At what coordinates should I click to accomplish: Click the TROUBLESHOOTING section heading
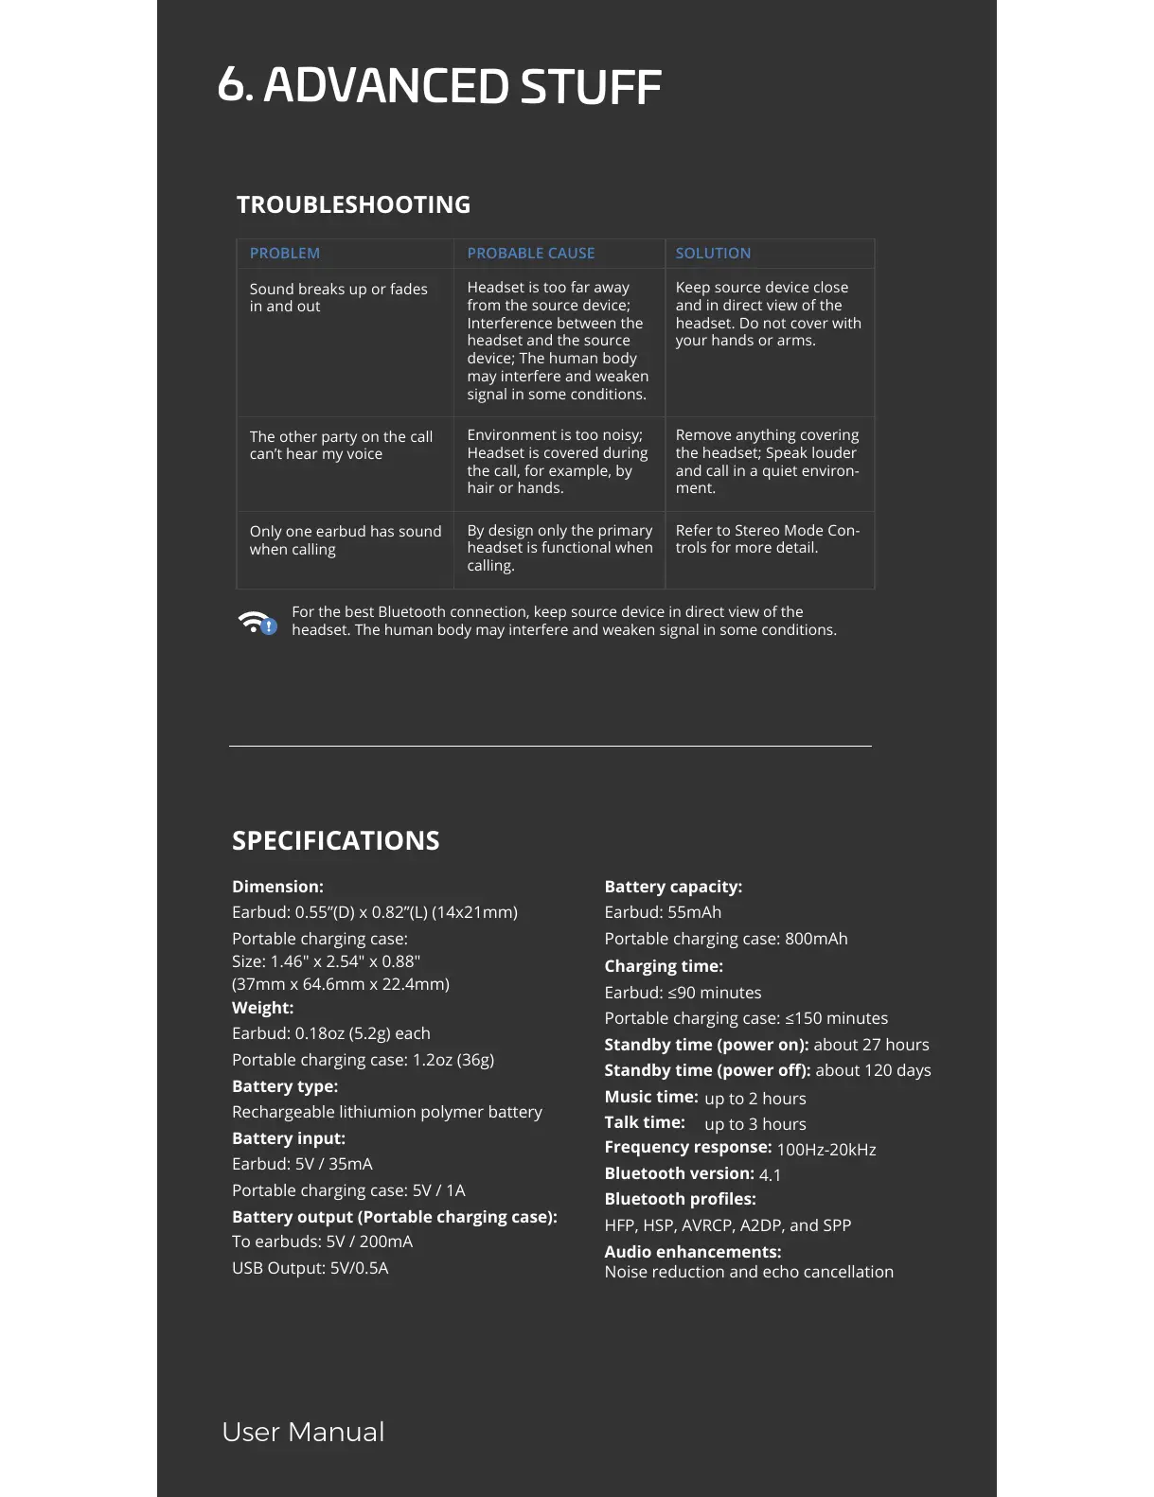click(x=353, y=204)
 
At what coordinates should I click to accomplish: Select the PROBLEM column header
click(x=284, y=253)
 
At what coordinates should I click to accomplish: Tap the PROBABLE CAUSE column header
click(x=530, y=253)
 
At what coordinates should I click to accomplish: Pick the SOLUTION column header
click(x=712, y=253)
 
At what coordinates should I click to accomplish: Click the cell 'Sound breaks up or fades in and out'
click(x=338, y=297)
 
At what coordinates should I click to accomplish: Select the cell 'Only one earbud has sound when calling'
click(x=345, y=540)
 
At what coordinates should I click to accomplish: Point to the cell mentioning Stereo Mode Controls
click(x=767, y=538)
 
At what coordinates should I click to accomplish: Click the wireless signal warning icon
click(x=257, y=623)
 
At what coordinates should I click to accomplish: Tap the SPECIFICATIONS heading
click(x=335, y=840)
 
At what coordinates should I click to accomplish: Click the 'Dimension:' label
click(x=277, y=887)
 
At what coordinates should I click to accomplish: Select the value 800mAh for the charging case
click(x=816, y=939)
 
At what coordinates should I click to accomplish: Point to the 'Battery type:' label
click(x=284, y=1086)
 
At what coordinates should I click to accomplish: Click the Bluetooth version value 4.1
click(x=770, y=1175)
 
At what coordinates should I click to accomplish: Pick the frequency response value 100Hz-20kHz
click(x=826, y=1150)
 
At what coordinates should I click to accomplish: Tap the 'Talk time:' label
click(x=644, y=1122)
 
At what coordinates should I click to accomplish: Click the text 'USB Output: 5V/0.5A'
click(x=310, y=1268)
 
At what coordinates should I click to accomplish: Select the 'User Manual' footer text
click(x=303, y=1432)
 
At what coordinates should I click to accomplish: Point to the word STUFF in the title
click(x=590, y=86)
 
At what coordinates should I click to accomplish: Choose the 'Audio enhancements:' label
click(x=692, y=1251)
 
